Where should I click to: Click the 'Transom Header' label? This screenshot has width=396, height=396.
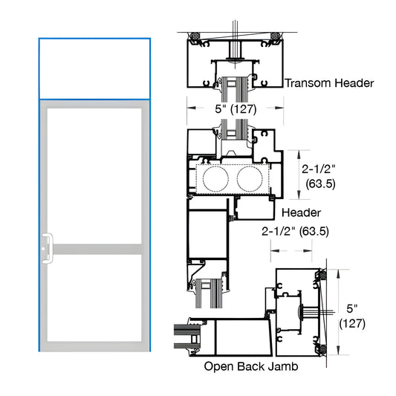(329, 84)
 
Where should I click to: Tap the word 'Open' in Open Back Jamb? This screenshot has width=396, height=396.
(221, 367)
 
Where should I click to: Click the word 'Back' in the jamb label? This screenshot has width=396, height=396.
(252, 367)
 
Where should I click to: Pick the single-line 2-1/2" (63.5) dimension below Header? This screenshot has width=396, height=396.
(296, 231)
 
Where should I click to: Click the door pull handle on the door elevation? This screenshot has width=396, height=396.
(46, 248)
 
